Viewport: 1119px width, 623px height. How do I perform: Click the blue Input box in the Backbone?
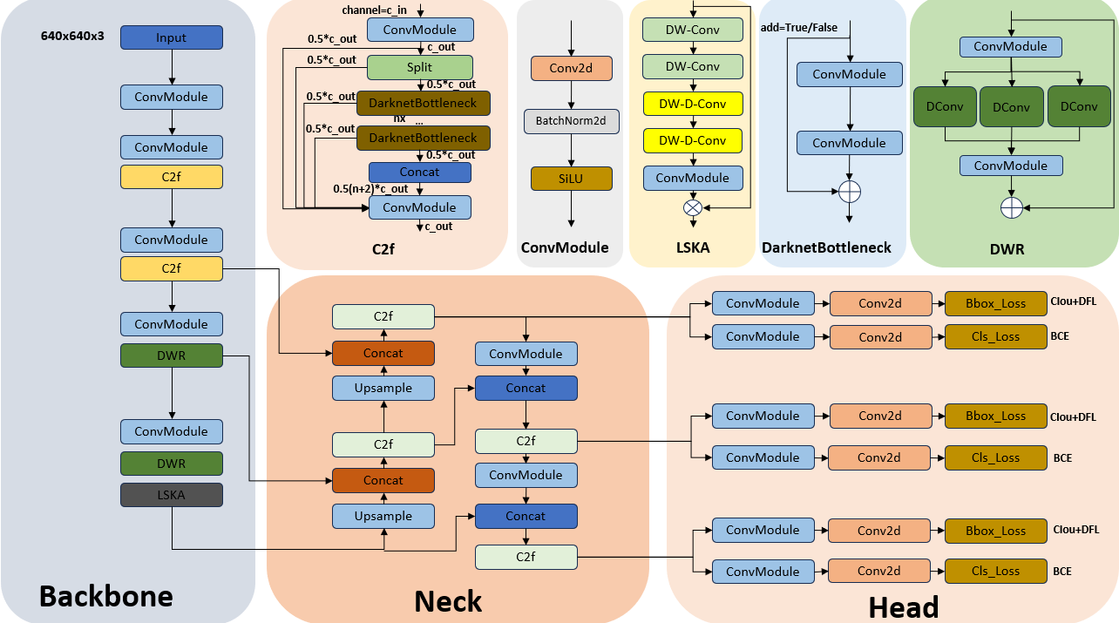(171, 37)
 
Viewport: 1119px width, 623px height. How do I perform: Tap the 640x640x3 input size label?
(72, 37)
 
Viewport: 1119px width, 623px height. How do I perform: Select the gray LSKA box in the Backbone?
(171, 496)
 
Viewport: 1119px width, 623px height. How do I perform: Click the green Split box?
(419, 67)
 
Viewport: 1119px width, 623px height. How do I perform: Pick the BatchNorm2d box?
(571, 121)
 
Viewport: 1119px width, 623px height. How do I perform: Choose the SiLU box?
(571, 179)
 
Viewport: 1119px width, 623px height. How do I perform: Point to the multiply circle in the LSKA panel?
(693, 207)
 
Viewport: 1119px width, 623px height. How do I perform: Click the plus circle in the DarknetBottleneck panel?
(850, 191)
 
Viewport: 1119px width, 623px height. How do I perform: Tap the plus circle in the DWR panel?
(1011, 207)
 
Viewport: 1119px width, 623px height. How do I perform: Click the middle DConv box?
(1011, 107)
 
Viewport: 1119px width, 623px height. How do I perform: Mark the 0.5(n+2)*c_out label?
(370, 188)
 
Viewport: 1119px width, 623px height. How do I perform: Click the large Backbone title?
(106, 596)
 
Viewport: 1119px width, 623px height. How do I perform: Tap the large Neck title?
(448, 601)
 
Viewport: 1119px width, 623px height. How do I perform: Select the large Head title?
(904, 607)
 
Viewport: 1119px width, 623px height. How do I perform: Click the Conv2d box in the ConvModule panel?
(571, 68)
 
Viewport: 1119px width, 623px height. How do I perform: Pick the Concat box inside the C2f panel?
(419, 172)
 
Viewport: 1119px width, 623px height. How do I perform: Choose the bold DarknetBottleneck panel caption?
(826, 247)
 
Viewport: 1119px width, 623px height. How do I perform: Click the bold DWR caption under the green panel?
(1007, 249)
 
